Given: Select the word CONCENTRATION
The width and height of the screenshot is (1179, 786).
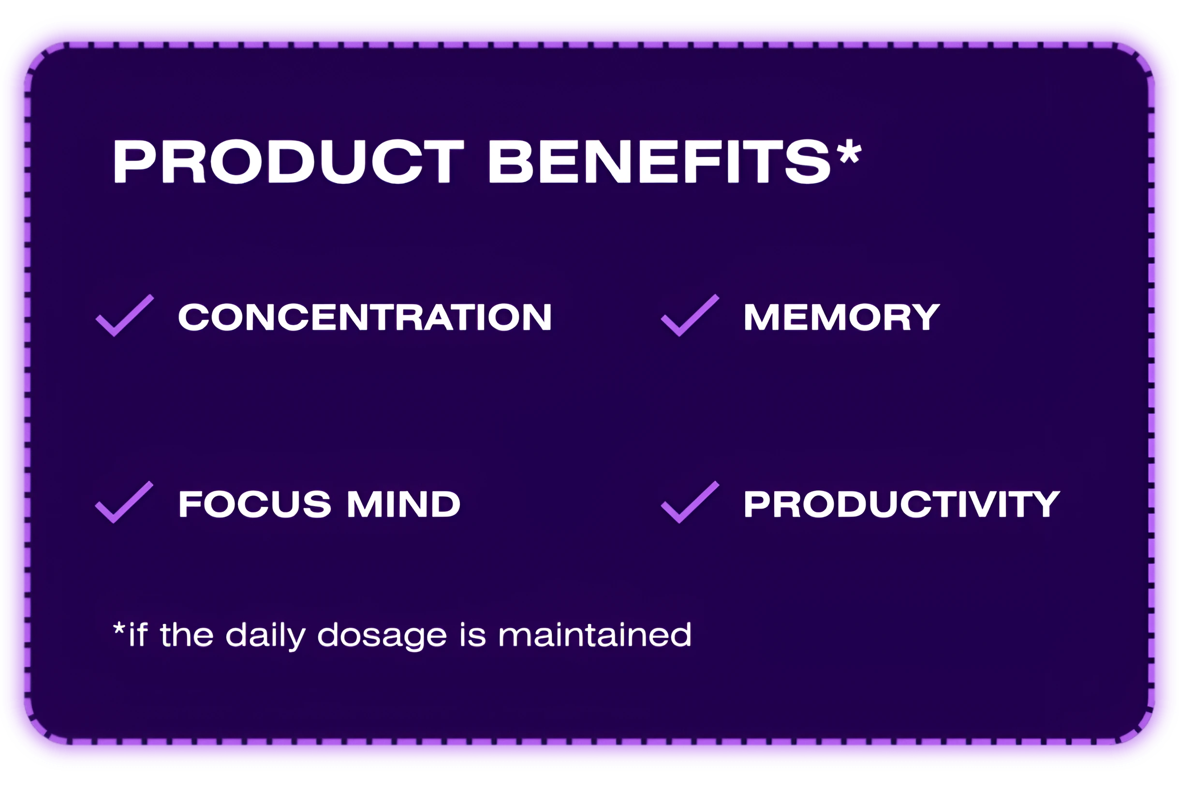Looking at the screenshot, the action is pyautogui.click(x=365, y=317).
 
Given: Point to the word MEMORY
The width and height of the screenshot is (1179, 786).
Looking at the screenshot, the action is pyautogui.click(x=841, y=317).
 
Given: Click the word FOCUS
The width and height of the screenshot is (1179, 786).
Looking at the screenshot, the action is pyautogui.click(x=255, y=504).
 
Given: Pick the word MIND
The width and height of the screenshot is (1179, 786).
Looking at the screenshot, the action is pyautogui.click(x=404, y=504).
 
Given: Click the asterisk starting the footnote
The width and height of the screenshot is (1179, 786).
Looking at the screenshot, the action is pyautogui.click(x=119, y=628).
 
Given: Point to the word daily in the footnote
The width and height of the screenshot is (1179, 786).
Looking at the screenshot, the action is pyautogui.click(x=265, y=636).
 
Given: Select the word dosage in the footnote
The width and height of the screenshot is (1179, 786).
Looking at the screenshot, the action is pyautogui.click(x=382, y=637).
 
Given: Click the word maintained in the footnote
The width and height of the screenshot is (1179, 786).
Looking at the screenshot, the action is pyautogui.click(x=595, y=635).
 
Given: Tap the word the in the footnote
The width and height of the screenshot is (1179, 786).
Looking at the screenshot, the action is pyautogui.click(x=187, y=635).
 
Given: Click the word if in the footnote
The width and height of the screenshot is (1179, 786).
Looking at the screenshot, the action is pyautogui.click(x=138, y=634).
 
